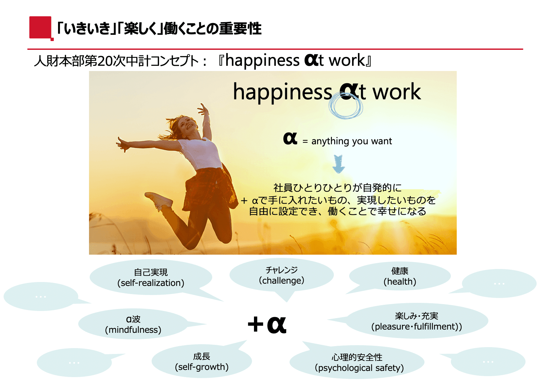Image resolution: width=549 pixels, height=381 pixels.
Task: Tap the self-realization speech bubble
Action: pos(151,277)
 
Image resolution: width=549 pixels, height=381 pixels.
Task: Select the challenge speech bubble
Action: pos(281,275)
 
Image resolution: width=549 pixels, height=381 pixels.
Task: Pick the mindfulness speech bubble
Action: pos(133,324)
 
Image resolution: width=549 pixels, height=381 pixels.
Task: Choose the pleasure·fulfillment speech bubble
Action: pos(417,321)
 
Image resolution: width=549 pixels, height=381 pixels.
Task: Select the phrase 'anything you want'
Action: pos(351,141)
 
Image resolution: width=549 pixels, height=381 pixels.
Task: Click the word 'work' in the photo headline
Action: pos(397,92)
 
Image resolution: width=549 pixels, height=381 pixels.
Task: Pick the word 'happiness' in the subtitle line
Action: pos(262,61)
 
